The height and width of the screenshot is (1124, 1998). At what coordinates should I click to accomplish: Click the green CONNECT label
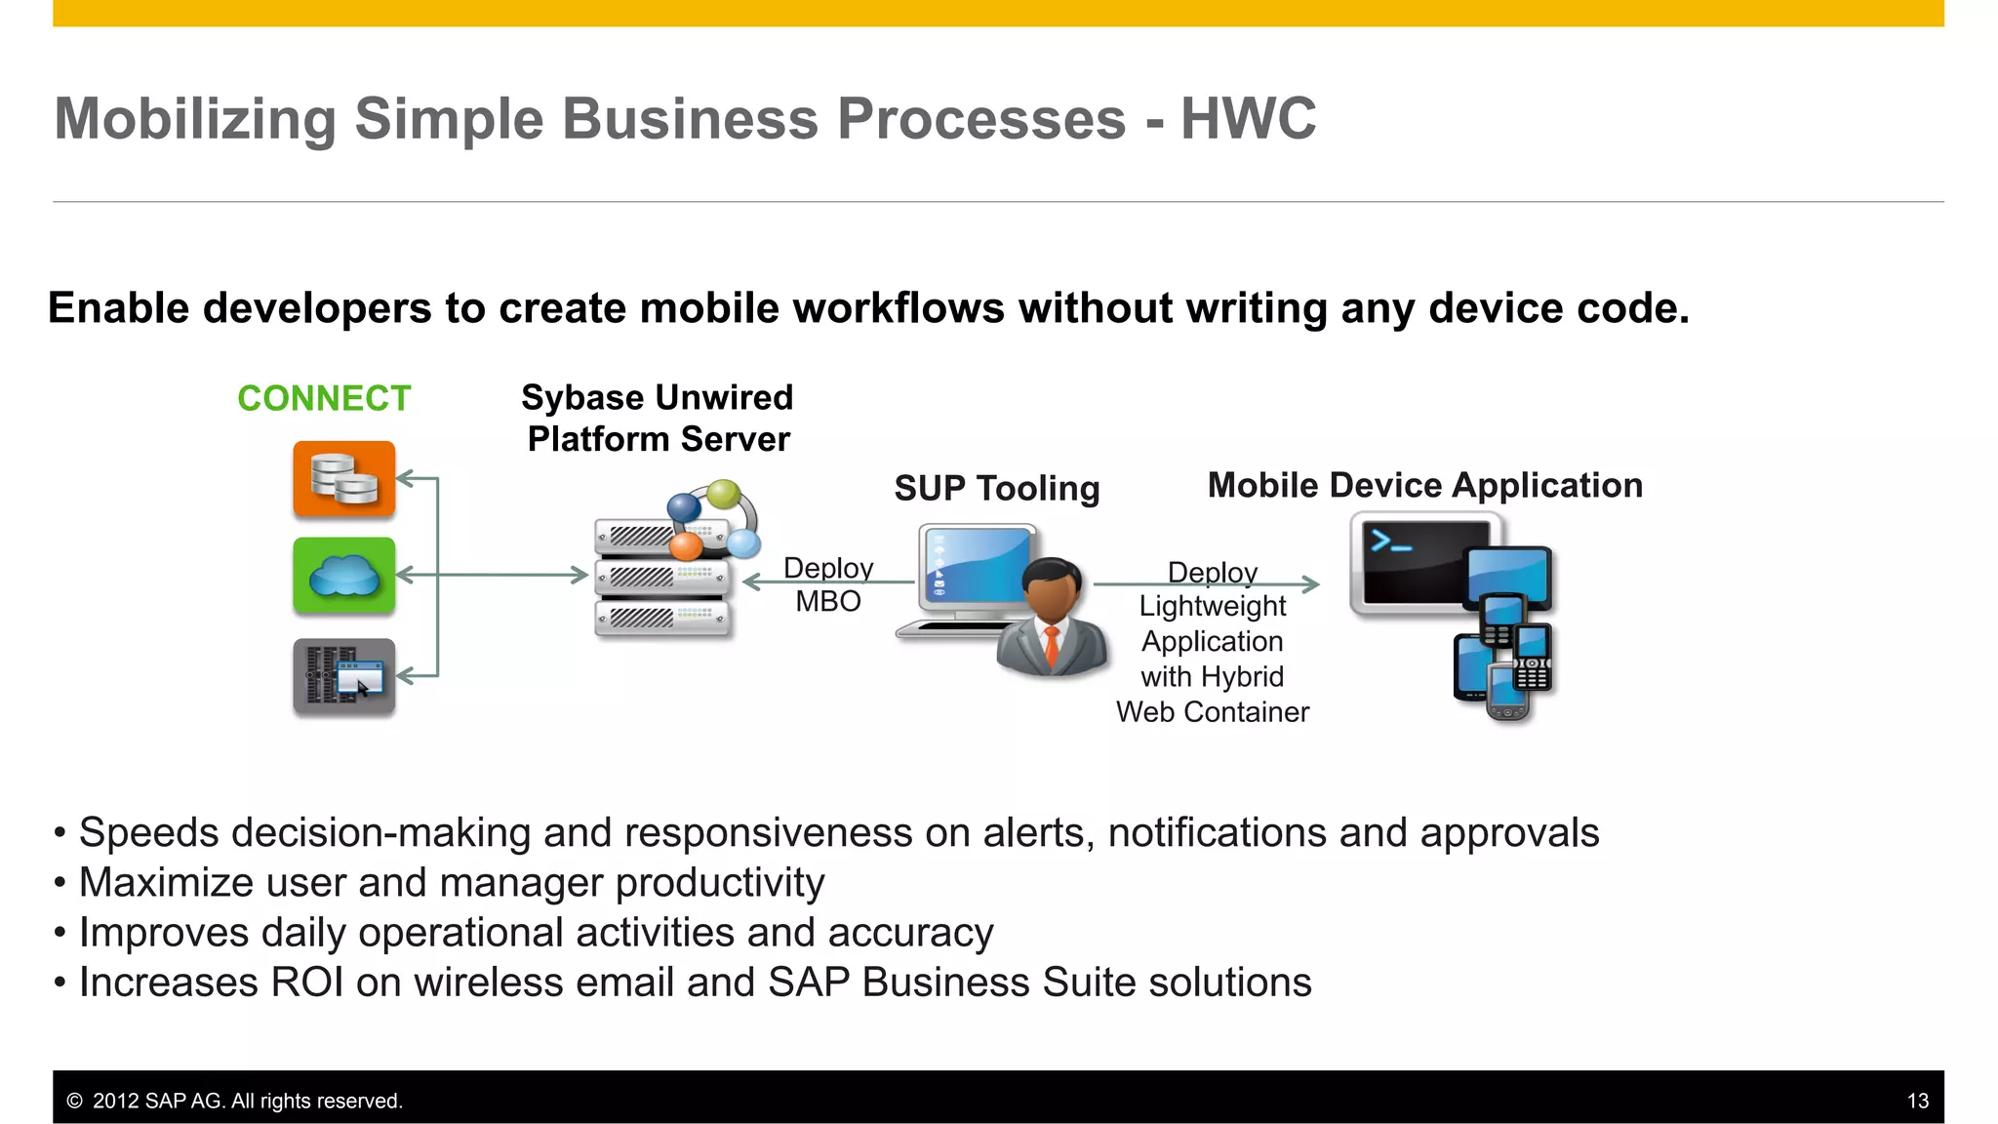[x=324, y=398]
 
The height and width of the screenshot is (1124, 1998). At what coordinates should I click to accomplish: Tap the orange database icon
[x=343, y=479]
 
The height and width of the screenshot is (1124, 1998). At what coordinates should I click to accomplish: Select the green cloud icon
[x=343, y=576]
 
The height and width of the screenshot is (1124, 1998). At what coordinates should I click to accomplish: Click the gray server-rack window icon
[x=343, y=676]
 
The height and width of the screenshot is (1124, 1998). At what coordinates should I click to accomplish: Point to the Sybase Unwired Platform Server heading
[x=658, y=419]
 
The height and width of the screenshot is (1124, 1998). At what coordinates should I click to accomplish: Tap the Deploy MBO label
[x=827, y=584]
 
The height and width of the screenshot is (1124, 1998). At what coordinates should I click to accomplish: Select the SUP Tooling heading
[x=996, y=488]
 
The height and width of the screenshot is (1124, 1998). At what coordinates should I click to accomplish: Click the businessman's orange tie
[x=1052, y=646]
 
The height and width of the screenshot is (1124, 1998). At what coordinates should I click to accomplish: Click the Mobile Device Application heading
[x=1424, y=485]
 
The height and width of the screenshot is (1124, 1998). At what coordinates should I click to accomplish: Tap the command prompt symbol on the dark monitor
[x=1390, y=541]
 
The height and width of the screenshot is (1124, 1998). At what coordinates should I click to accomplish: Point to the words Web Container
[x=1212, y=712]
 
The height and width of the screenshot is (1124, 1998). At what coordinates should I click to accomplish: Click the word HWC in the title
[x=1248, y=119]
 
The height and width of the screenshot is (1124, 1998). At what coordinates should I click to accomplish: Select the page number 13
[x=1917, y=1101]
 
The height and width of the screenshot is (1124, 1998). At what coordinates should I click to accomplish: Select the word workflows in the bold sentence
[x=898, y=308]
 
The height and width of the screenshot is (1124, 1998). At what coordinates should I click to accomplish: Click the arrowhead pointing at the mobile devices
[x=1312, y=584]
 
